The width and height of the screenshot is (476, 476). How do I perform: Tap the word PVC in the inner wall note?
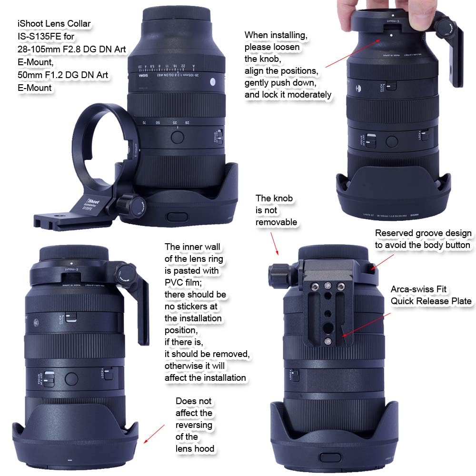[175, 283]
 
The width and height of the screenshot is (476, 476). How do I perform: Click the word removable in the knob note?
[276, 222]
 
